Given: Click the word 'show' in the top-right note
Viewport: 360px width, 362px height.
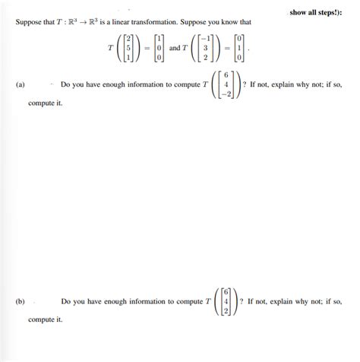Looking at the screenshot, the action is tap(298, 12).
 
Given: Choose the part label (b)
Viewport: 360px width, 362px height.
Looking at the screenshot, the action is tap(21, 301).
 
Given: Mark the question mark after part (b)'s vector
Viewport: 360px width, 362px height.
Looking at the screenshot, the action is tap(242, 301).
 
